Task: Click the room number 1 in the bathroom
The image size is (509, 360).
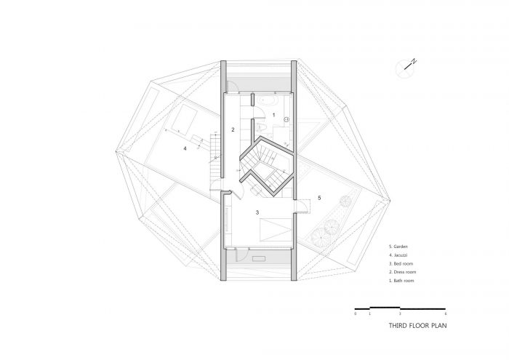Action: (x=273, y=115)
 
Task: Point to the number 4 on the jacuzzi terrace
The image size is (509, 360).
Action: (x=185, y=148)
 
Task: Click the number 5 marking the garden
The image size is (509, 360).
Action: (x=318, y=198)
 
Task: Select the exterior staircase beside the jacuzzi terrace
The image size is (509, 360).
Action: (x=215, y=157)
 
